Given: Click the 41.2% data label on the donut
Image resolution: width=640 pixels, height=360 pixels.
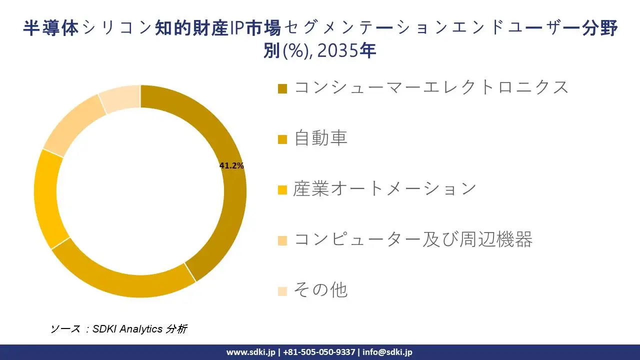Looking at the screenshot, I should tap(231, 166).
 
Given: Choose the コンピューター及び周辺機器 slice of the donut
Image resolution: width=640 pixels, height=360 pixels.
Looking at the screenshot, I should tap(70, 125).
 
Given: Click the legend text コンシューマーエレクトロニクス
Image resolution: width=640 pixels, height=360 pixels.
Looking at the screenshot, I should tap(431, 87).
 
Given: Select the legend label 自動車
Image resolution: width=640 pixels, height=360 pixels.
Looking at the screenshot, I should tap(320, 138).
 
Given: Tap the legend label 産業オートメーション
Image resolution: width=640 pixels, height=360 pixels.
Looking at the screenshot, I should tap(384, 188).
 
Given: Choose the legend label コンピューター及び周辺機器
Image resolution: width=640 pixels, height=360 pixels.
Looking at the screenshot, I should tap(413, 239).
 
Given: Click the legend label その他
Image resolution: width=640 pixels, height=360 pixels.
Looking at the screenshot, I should tap(320, 290).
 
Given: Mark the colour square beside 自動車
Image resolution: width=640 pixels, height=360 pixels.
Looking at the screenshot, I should tap(282, 139).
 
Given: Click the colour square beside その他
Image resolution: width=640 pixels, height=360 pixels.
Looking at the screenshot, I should tap(282, 291).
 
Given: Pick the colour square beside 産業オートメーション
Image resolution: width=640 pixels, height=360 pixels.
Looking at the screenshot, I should tap(282, 190).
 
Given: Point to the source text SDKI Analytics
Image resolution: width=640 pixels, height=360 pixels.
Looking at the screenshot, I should tap(127, 328).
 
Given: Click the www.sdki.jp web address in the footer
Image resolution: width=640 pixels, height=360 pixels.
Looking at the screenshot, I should tap(250, 352).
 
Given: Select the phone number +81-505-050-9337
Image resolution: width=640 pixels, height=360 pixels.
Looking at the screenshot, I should tap(320, 352).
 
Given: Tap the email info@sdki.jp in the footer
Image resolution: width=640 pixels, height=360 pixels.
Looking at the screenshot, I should tap(387, 352).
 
